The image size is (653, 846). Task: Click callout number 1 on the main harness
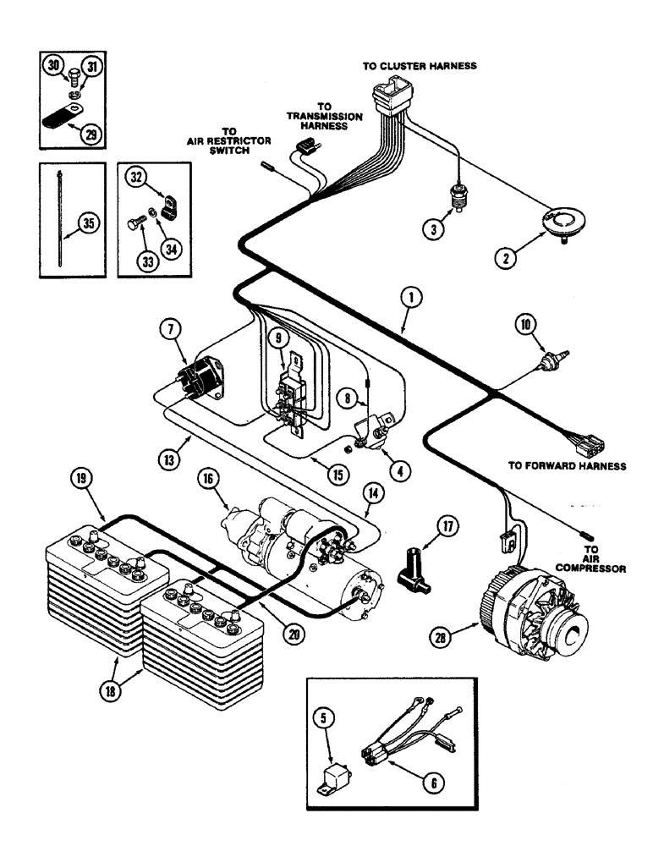point(409,298)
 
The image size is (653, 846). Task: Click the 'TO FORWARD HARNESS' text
point(567,465)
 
